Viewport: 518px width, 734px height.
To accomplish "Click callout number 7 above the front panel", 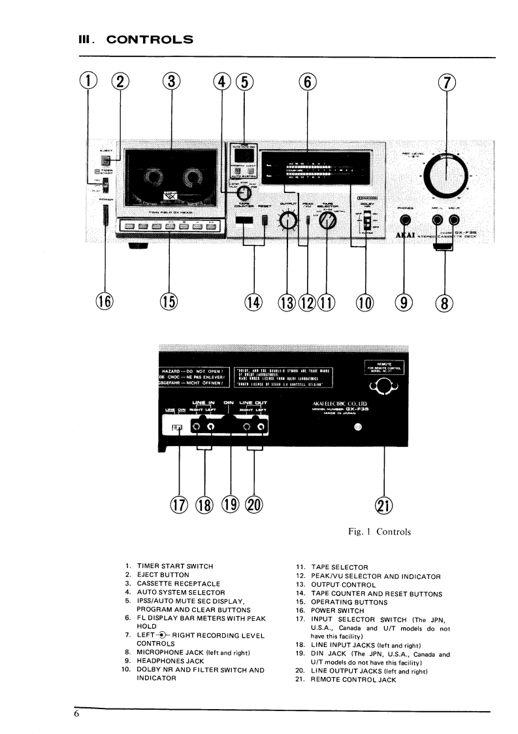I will click(x=447, y=82).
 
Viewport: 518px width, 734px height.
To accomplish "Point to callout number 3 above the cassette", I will click(x=170, y=82).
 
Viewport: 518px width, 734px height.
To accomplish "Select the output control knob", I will click(x=287, y=222).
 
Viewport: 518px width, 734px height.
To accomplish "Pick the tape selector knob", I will click(x=325, y=222).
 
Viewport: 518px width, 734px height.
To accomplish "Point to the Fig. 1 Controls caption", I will click(x=380, y=532).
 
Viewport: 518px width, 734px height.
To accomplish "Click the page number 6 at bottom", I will click(x=76, y=714).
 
